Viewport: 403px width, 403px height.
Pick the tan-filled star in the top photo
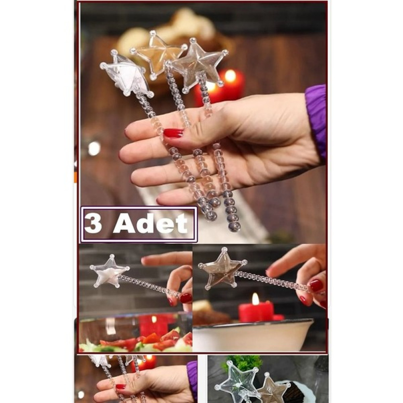[158, 53]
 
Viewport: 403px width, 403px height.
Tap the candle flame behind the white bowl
[255, 299]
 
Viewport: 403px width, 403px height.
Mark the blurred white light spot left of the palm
[94, 149]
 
